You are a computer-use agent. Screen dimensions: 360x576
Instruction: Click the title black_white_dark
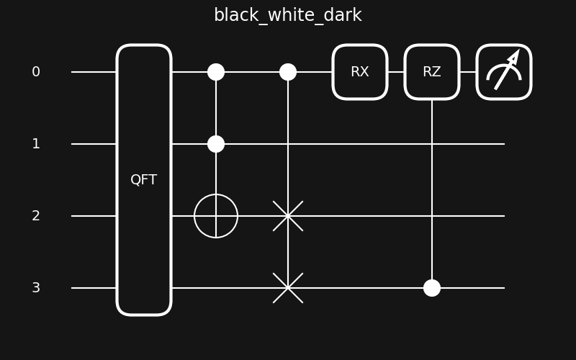coord(288,15)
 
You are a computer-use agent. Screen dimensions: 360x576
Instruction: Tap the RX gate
coord(360,72)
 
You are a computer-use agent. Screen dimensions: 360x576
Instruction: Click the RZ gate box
coord(432,72)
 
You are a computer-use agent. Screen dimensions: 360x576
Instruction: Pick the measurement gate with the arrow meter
coord(504,72)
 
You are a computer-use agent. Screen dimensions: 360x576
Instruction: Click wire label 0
coord(36,72)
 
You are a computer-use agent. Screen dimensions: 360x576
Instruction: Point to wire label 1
coord(36,144)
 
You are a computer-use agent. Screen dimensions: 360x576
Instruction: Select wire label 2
coord(36,216)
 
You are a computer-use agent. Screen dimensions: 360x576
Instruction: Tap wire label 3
coord(36,288)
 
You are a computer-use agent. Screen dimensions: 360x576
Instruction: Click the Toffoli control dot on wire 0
coord(216,72)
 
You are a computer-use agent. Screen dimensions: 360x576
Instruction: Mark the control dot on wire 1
coord(216,144)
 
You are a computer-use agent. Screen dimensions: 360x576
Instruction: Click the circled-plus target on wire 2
coord(216,216)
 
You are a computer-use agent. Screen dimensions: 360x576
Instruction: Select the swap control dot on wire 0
coord(288,72)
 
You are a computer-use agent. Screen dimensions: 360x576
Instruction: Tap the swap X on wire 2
coord(288,216)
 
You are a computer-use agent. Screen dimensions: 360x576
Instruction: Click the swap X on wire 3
coord(288,288)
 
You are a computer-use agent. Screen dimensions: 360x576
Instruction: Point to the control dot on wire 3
coord(432,288)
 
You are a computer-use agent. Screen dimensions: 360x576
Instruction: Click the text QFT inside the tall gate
coord(144,180)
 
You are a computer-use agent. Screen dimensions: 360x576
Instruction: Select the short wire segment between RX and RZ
coord(396,72)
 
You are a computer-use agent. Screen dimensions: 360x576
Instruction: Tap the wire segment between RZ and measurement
coord(468,72)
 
